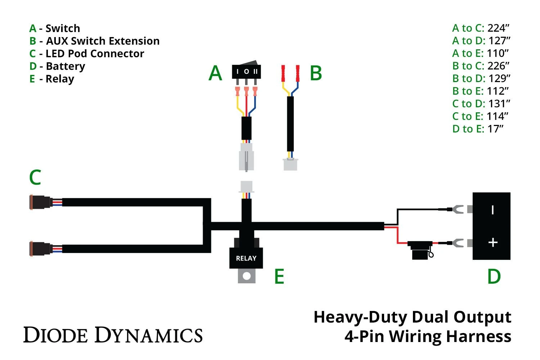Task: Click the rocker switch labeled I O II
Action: (246, 71)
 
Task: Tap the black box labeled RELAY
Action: (246, 258)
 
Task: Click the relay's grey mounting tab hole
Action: (247, 276)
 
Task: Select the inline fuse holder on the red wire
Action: (420, 249)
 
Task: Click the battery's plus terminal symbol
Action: (492, 243)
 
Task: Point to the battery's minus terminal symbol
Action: (492, 210)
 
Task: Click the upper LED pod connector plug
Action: (40, 202)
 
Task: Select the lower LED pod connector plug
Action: (40, 249)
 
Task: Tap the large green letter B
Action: (316, 73)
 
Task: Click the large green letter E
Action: (279, 276)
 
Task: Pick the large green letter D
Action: (494, 276)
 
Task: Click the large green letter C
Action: (35, 177)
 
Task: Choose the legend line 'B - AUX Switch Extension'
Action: (94, 41)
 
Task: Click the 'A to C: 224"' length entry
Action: (481, 28)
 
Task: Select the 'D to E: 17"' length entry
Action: (478, 129)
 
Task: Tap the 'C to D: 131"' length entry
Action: (481, 104)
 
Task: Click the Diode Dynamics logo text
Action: (113, 335)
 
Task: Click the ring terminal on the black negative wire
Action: (458, 209)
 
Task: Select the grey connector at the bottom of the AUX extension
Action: (290, 164)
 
